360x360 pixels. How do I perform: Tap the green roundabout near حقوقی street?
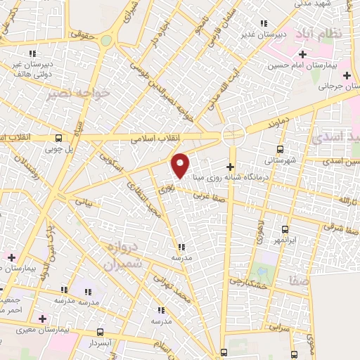(105, 40)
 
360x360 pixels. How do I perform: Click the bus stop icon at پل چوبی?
(58, 138)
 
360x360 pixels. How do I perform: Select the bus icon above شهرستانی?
(281, 149)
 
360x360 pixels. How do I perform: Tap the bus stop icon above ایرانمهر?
(285, 229)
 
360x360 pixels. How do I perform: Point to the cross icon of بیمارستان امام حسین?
(303, 54)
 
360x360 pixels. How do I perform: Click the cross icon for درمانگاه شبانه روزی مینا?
(230, 165)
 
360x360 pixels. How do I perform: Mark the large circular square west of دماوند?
(233, 134)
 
